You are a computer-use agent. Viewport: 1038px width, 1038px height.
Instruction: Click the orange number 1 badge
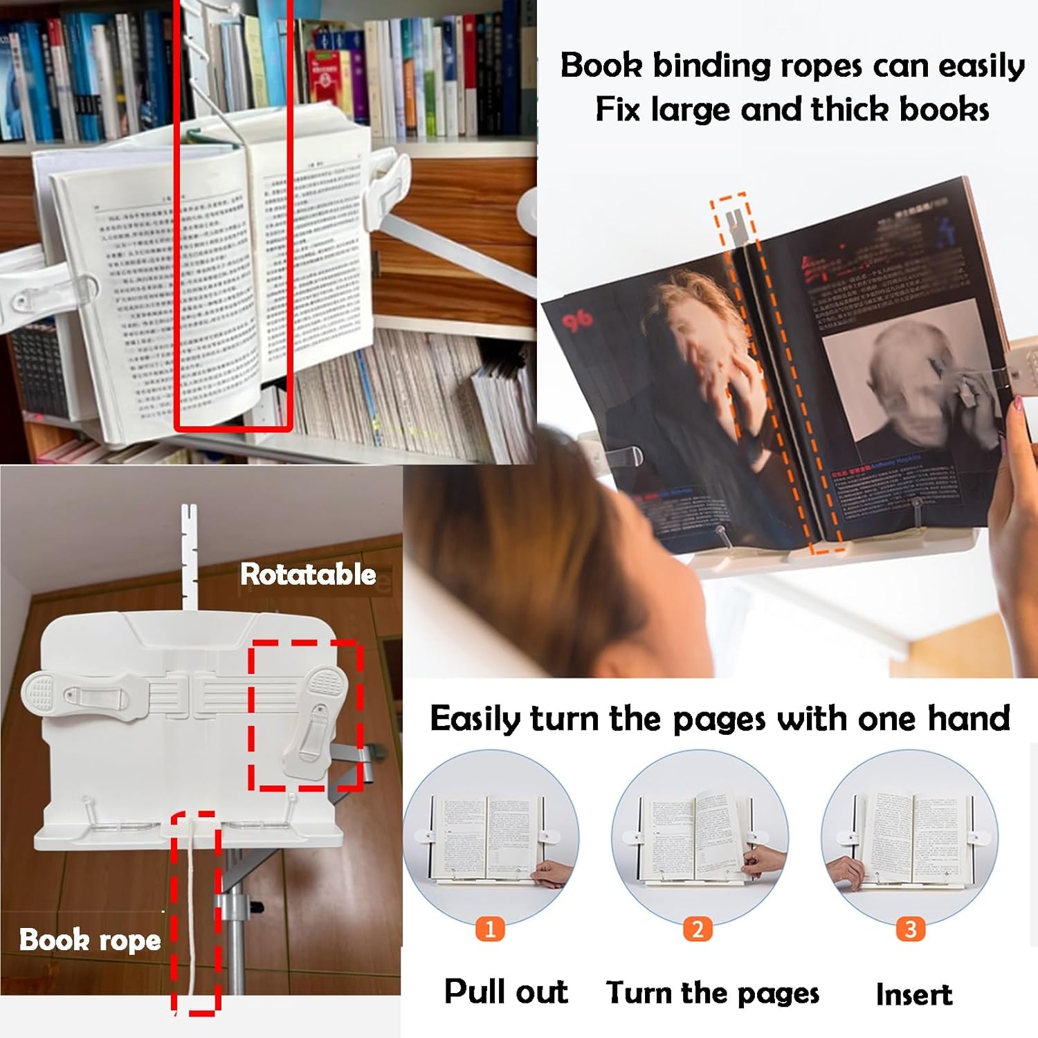tap(490, 929)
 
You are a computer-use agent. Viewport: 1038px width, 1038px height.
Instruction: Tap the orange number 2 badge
tap(698, 929)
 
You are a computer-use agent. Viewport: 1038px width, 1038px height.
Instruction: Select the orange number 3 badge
tap(911, 929)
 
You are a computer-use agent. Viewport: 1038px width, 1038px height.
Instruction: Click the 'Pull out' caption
tap(506, 992)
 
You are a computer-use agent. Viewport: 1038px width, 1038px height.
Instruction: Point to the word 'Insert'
tap(913, 994)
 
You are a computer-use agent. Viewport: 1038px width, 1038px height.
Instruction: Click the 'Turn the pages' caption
tap(712, 993)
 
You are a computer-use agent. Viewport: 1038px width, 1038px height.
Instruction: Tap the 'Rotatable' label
tap(308, 574)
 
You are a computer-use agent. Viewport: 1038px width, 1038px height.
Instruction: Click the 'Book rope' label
tap(90, 940)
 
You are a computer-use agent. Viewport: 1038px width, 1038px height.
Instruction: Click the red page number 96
tap(576, 320)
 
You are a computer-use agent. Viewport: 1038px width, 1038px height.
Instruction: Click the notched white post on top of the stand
tap(188, 554)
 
